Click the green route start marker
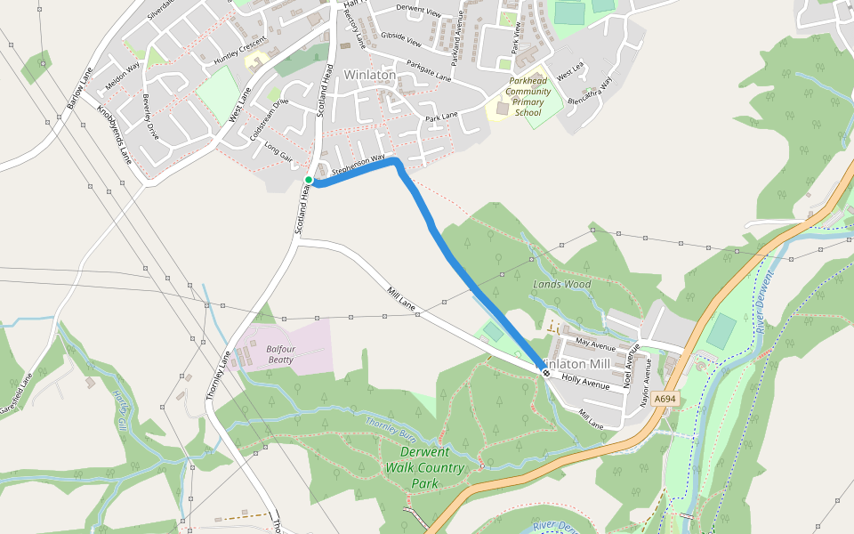(309, 180)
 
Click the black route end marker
(545, 372)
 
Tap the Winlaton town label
(369, 76)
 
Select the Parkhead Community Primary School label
(528, 97)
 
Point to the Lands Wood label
(562, 285)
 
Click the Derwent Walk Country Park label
(425, 468)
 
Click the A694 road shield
(664, 400)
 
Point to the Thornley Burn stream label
(391, 425)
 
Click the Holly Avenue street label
(585, 382)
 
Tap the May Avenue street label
(595, 344)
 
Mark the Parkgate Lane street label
(429, 70)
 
